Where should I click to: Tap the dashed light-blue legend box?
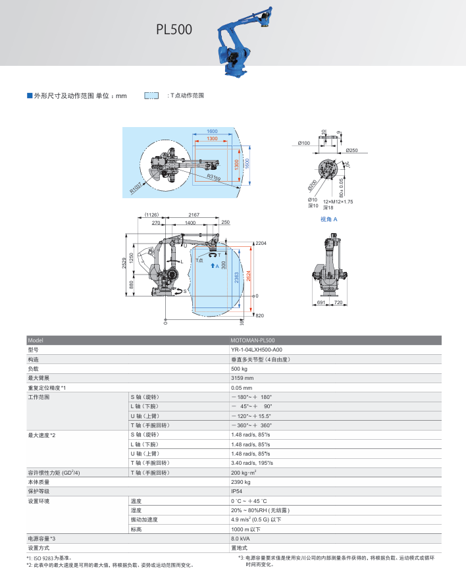pyautogui.click(x=151, y=95)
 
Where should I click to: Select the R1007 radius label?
pyautogui.click(x=136, y=188)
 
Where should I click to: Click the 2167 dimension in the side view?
pyautogui.click(x=194, y=215)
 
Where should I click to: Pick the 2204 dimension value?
pyautogui.click(x=261, y=244)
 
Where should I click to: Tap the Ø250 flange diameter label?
pyautogui.click(x=351, y=151)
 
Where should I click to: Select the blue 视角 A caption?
pyautogui.click(x=328, y=219)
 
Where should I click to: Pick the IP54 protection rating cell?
pyautogui.click(x=236, y=491)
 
